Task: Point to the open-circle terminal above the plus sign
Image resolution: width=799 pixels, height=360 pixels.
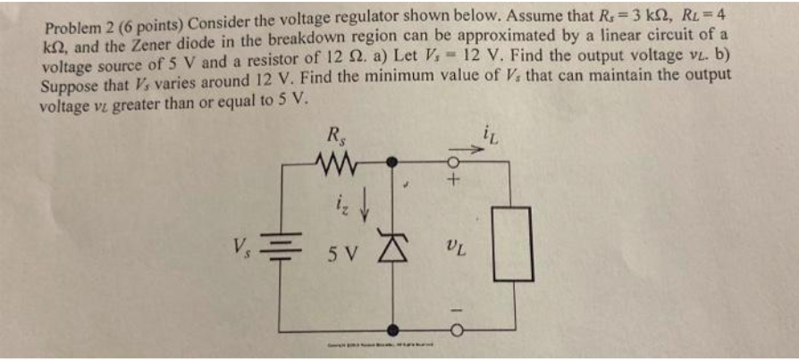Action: (x=452, y=163)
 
